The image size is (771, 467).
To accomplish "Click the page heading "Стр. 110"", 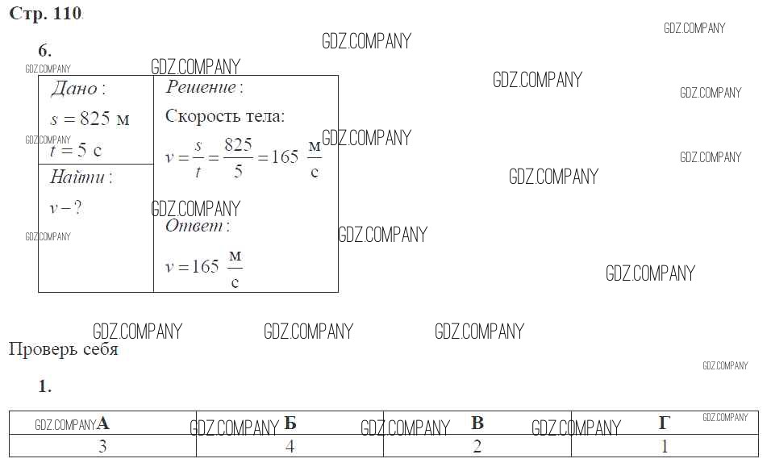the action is [45, 13].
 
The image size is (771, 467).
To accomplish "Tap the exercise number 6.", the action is [44, 50].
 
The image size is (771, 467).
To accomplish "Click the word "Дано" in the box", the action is [74, 89].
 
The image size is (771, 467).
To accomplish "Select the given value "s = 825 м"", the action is [90, 119].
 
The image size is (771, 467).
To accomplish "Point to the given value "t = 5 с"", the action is [76, 150].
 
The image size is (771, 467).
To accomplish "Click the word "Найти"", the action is [77, 177].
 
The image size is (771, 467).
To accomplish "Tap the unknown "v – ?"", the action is [65, 208].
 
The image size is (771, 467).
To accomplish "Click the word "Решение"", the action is [201, 87].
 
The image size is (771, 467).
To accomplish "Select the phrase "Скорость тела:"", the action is [225, 116].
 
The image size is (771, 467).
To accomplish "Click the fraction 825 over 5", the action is [239, 157].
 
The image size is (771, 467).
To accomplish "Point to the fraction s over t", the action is [198, 158].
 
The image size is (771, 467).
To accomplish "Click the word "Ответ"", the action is [194, 226].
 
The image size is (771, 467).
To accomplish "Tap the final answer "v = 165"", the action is [192, 267].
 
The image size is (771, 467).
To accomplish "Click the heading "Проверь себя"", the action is [64, 349].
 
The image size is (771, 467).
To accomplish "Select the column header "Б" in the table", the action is [290, 423].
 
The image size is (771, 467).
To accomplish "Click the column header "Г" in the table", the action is [665, 423].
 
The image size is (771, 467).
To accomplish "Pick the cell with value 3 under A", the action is [102, 446].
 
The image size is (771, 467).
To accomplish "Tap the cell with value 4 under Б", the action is [290, 446].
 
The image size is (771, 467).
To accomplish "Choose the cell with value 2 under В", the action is [477, 446].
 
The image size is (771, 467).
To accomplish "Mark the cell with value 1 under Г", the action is [665, 446].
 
